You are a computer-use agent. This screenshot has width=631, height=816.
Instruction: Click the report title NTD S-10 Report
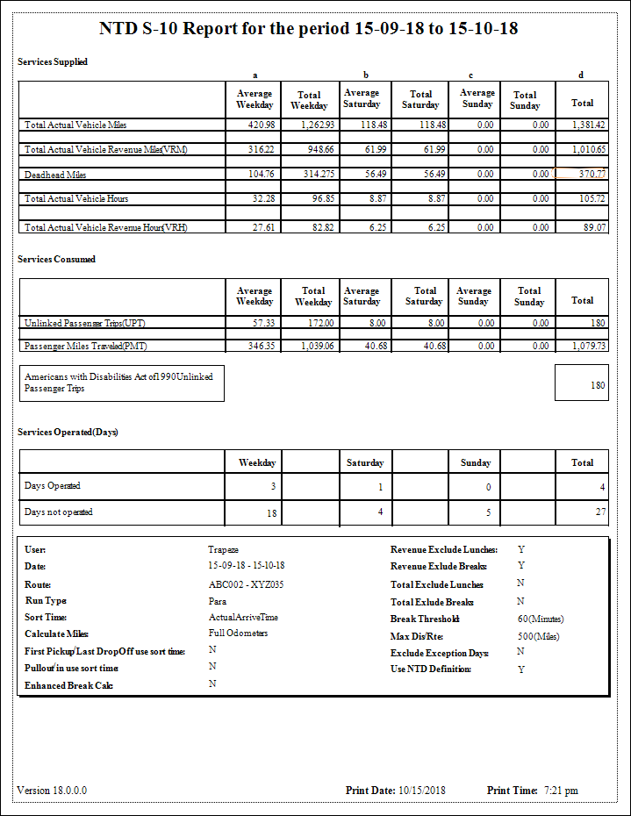[x=308, y=29]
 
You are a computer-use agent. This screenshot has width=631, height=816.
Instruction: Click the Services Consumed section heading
[x=57, y=260]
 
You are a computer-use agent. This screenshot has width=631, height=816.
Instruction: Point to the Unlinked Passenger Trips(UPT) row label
[x=84, y=323]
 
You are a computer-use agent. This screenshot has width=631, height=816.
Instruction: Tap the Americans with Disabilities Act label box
[x=121, y=383]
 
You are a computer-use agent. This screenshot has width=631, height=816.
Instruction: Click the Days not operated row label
[x=59, y=512]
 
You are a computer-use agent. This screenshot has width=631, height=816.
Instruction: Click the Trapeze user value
[x=223, y=549]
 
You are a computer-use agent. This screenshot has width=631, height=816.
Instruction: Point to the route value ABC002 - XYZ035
[x=246, y=584]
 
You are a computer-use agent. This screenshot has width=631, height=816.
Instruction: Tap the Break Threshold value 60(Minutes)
[x=541, y=619]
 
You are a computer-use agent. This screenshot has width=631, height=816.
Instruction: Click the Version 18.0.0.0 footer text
[x=52, y=791]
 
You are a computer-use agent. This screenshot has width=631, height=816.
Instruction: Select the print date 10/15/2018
[x=422, y=791]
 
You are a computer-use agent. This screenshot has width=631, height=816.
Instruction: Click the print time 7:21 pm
[x=561, y=791]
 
